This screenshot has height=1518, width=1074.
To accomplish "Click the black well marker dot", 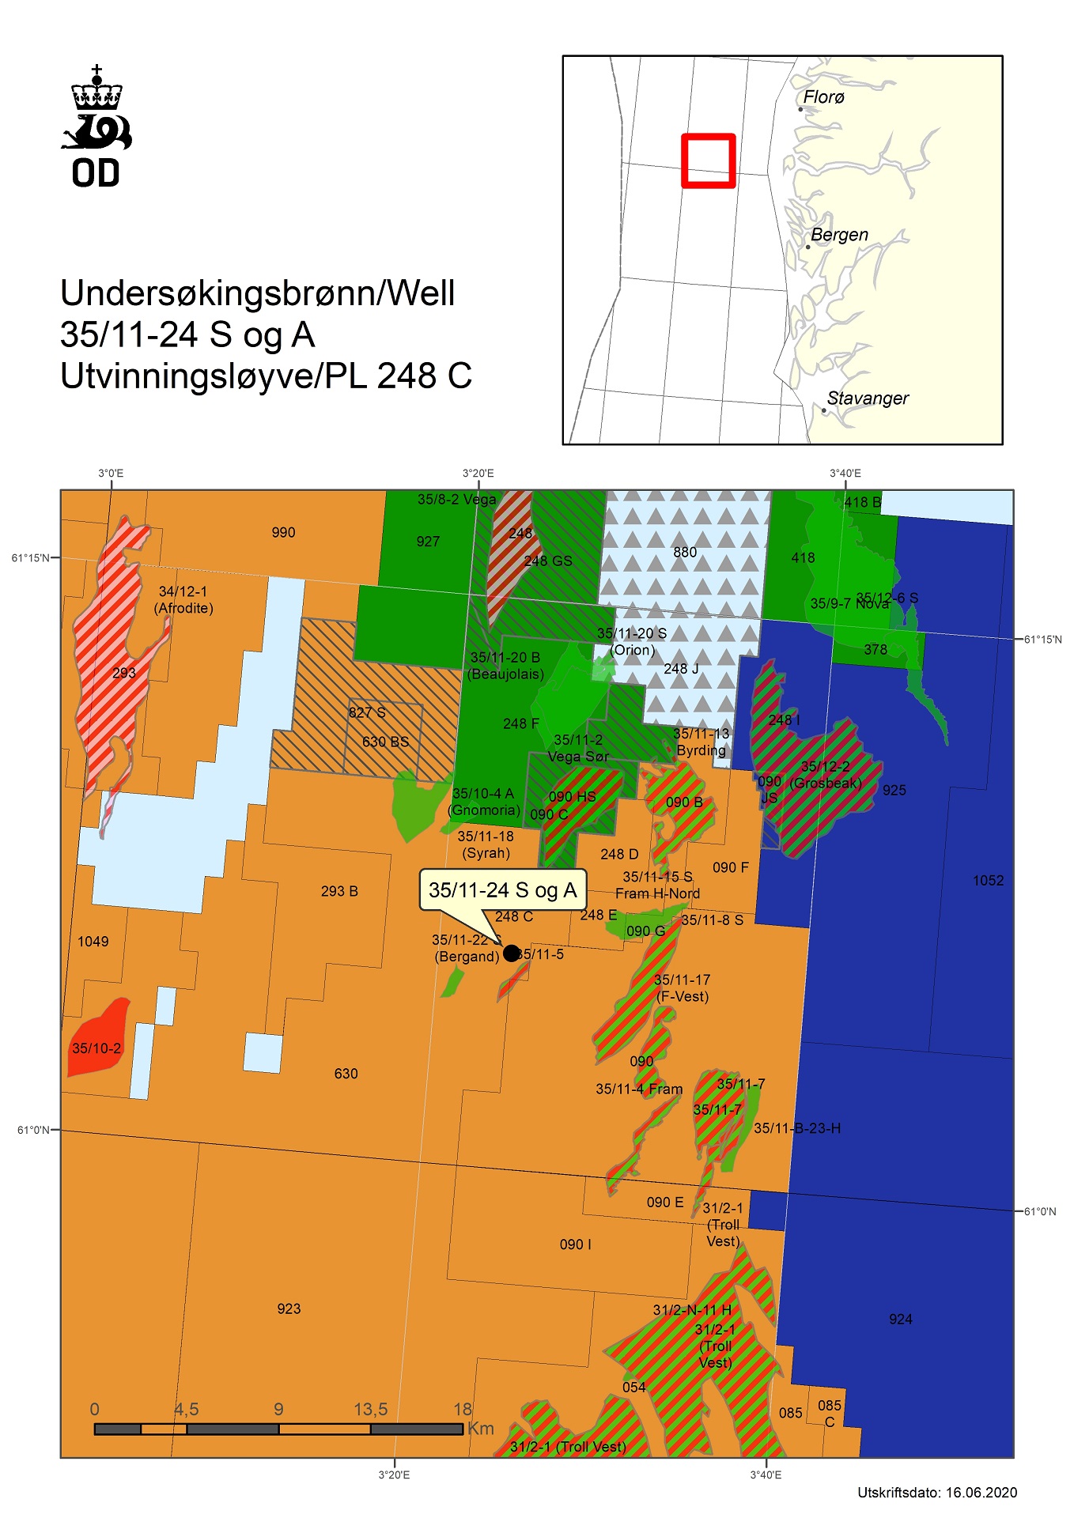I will pyautogui.click(x=511, y=953).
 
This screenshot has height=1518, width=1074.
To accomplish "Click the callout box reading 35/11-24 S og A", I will pyautogui.click(x=502, y=890).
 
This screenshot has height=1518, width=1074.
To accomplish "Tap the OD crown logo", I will pyautogui.click(x=96, y=126).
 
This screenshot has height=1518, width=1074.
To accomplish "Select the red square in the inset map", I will pyautogui.click(x=709, y=160).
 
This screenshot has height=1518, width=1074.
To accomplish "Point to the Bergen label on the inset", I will pyautogui.click(x=839, y=235).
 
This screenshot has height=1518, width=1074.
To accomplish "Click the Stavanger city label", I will pyautogui.click(x=867, y=398).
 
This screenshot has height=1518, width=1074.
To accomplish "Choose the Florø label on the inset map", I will pyautogui.click(x=823, y=97).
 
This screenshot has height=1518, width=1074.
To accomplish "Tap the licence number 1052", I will pyautogui.click(x=988, y=881).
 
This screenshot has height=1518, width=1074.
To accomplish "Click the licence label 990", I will pyautogui.click(x=283, y=533).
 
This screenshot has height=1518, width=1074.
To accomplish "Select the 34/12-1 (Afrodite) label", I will pyautogui.click(x=183, y=599).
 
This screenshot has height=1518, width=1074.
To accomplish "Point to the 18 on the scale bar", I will pyautogui.click(x=463, y=1409).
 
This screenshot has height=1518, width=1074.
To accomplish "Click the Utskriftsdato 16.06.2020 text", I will pyautogui.click(x=936, y=1493).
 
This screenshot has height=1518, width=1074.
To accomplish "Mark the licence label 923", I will pyautogui.click(x=289, y=1308).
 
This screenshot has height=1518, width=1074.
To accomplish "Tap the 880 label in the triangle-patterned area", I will pyautogui.click(x=685, y=552).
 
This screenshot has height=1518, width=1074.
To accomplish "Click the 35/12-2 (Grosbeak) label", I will pyautogui.click(x=825, y=775).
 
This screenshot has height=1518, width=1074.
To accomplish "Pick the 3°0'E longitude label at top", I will pyautogui.click(x=111, y=474).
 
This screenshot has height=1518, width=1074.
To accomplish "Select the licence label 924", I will pyautogui.click(x=900, y=1319).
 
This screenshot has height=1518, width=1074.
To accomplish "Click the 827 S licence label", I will pyautogui.click(x=367, y=712).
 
